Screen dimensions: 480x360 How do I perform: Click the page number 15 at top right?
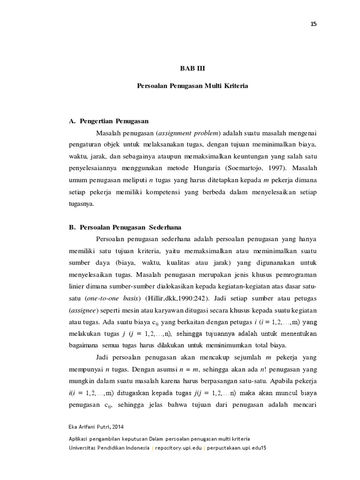click(314, 24)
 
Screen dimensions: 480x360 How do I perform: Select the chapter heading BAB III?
click(193, 68)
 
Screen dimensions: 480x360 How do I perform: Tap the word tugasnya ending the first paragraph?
click(81, 203)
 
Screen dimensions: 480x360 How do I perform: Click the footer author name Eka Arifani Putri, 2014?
click(96, 427)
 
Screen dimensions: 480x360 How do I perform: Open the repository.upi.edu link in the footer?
click(179, 448)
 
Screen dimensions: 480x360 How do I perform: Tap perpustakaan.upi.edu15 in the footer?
click(237, 448)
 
